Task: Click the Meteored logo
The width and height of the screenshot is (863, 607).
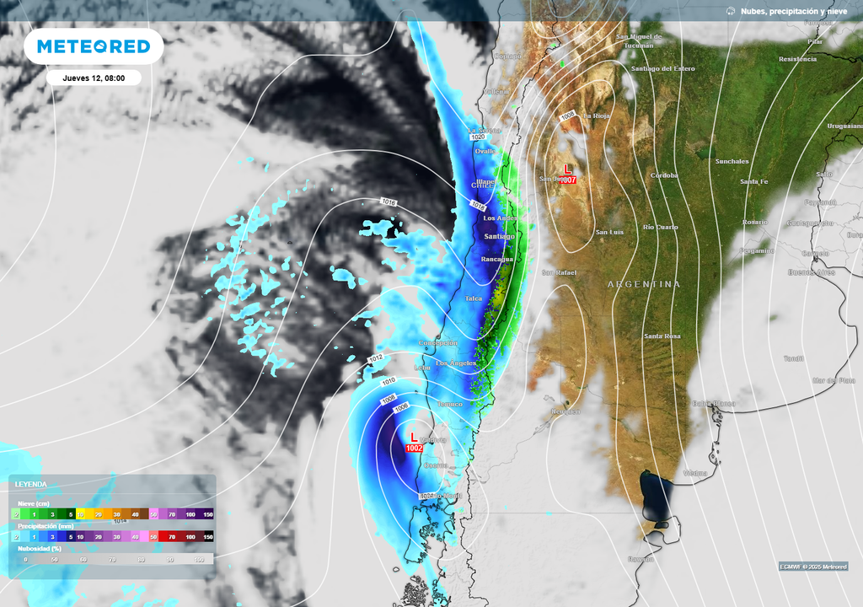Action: coord(94,47)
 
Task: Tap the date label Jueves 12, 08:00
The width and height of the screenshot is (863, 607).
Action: coord(94,78)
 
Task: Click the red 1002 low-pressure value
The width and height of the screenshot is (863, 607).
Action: coord(414,449)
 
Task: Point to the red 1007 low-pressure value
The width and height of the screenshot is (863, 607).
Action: coord(569,180)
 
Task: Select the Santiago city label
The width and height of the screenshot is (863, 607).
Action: coord(498,237)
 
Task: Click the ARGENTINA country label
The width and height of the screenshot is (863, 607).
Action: coord(644,285)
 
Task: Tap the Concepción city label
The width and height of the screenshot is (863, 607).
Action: coord(439,343)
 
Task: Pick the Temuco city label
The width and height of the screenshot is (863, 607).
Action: coord(450,405)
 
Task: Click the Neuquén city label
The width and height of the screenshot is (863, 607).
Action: coord(566,411)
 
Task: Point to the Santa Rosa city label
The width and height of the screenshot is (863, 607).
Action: coord(662,336)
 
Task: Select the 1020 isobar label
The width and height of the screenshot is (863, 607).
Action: coord(478,137)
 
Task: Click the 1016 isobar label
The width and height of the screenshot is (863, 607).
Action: coord(389,202)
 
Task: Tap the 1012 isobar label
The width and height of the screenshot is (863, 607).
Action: coord(376,359)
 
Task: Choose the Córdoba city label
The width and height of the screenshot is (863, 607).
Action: coord(664,175)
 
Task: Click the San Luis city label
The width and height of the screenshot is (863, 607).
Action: coord(609,232)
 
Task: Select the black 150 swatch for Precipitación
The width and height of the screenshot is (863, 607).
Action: coord(207,536)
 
